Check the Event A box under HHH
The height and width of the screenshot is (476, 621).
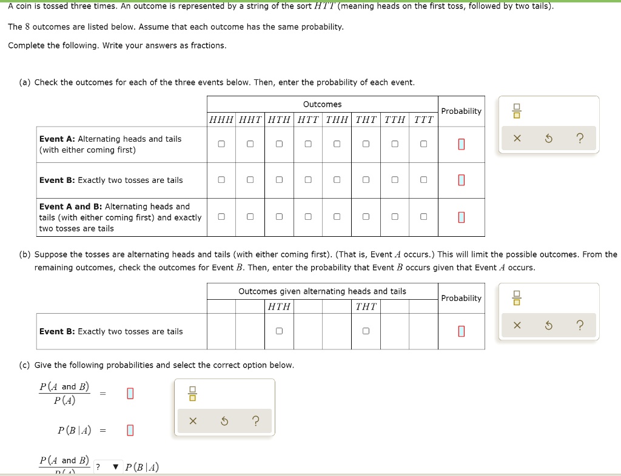tap(221, 144)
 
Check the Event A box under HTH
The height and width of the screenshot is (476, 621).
tap(279, 144)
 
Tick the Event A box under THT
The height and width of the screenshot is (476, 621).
tap(366, 144)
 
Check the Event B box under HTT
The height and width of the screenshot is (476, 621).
tap(308, 180)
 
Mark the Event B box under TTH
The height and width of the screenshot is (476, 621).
tap(395, 180)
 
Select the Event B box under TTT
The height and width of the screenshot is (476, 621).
tap(423, 180)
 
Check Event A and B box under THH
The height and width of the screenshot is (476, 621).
tap(337, 216)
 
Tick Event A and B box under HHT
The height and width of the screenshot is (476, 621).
tap(250, 216)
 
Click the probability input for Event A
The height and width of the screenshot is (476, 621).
tap(462, 144)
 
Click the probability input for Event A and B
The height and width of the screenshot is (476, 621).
tap(462, 217)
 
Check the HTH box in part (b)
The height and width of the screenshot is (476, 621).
tap(279, 331)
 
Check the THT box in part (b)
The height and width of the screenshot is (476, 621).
tap(366, 331)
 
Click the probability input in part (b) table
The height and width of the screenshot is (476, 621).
tap(462, 331)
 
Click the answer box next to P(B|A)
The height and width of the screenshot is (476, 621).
tap(129, 431)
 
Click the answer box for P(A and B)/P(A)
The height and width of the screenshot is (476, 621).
tap(129, 394)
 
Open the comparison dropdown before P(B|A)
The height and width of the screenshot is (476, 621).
tap(106, 466)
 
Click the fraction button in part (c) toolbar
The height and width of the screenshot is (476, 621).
tap(192, 395)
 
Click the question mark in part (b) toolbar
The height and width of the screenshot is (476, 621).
tap(579, 326)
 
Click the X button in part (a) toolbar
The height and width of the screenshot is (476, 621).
tap(517, 139)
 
